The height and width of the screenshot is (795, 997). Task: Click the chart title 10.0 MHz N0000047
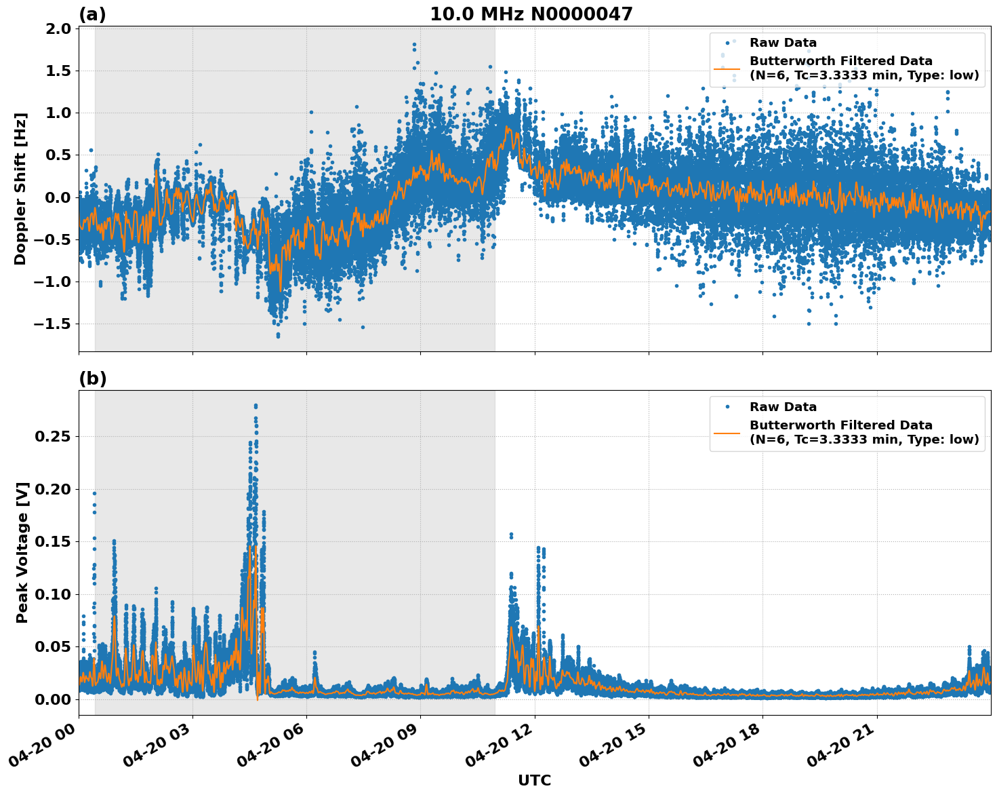pyautogui.click(x=531, y=14)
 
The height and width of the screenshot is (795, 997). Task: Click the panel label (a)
pyautogui.click(x=92, y=14)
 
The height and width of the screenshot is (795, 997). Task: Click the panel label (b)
pyautogui.click(x=92, y=379)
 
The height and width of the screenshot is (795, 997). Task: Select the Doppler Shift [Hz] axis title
pyautogui.click(x=20, y=189)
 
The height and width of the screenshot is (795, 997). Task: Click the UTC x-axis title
pyautogui.click(x=534, y=780)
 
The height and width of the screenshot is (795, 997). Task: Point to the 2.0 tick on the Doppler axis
pyautogui.click(x=60, y=28)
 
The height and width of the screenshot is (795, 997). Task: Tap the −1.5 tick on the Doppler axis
pyautogui.click(x=54, y=324)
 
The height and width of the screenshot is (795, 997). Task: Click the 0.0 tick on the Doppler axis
pyautogui.click(x=60, y=197)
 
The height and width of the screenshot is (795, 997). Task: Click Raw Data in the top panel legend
pyautogui.click(x=783, y=43)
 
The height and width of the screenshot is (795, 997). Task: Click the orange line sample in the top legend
pyautogui.click(x=727, y=69)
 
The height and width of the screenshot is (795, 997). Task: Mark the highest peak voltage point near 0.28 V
pyautogui.click(x=256, y=406)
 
